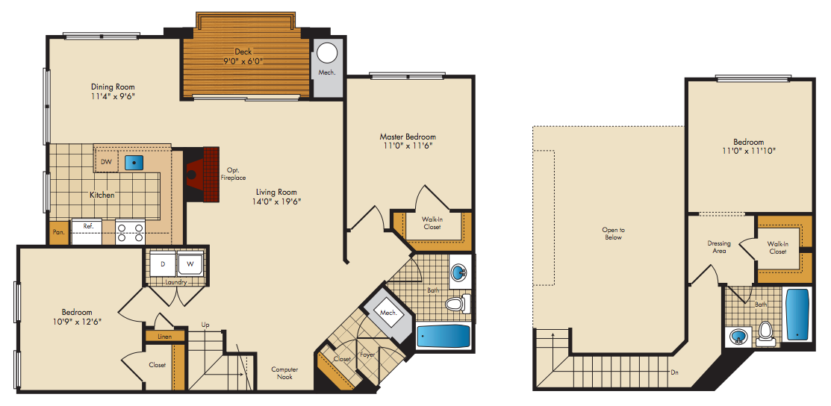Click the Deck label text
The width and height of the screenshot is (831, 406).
(x=244, y=51)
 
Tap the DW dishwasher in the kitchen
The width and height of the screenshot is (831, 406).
(x=107, y=162)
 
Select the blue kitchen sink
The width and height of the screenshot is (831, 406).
(x=134, y=162)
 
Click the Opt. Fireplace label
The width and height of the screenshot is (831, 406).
(x=233, y=174)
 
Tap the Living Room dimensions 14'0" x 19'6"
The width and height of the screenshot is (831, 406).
(x=276, y=202)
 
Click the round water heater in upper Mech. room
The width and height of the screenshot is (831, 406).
(x=328, y=54)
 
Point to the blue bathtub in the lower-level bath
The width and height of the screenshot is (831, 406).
(x=443, y=337)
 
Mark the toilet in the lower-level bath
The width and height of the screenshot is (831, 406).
(x=456, y=304)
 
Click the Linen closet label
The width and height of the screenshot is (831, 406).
(x=164, y=337)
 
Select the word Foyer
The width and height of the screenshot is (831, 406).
(x=367, y=354)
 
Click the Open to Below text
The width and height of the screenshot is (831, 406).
(x=613, y=234)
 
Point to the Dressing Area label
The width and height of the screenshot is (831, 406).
(x=719, y=247)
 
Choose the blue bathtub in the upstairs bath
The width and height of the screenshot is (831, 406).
(x=797, y=315)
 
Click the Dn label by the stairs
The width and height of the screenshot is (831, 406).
(x=675, y=372)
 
